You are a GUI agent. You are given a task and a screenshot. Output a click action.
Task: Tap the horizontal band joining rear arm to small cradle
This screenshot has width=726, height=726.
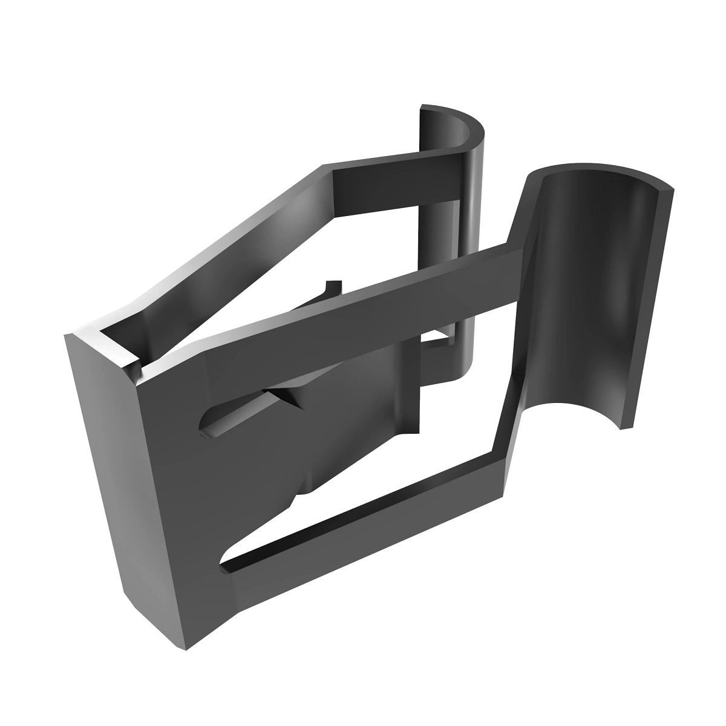pos(393,181)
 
